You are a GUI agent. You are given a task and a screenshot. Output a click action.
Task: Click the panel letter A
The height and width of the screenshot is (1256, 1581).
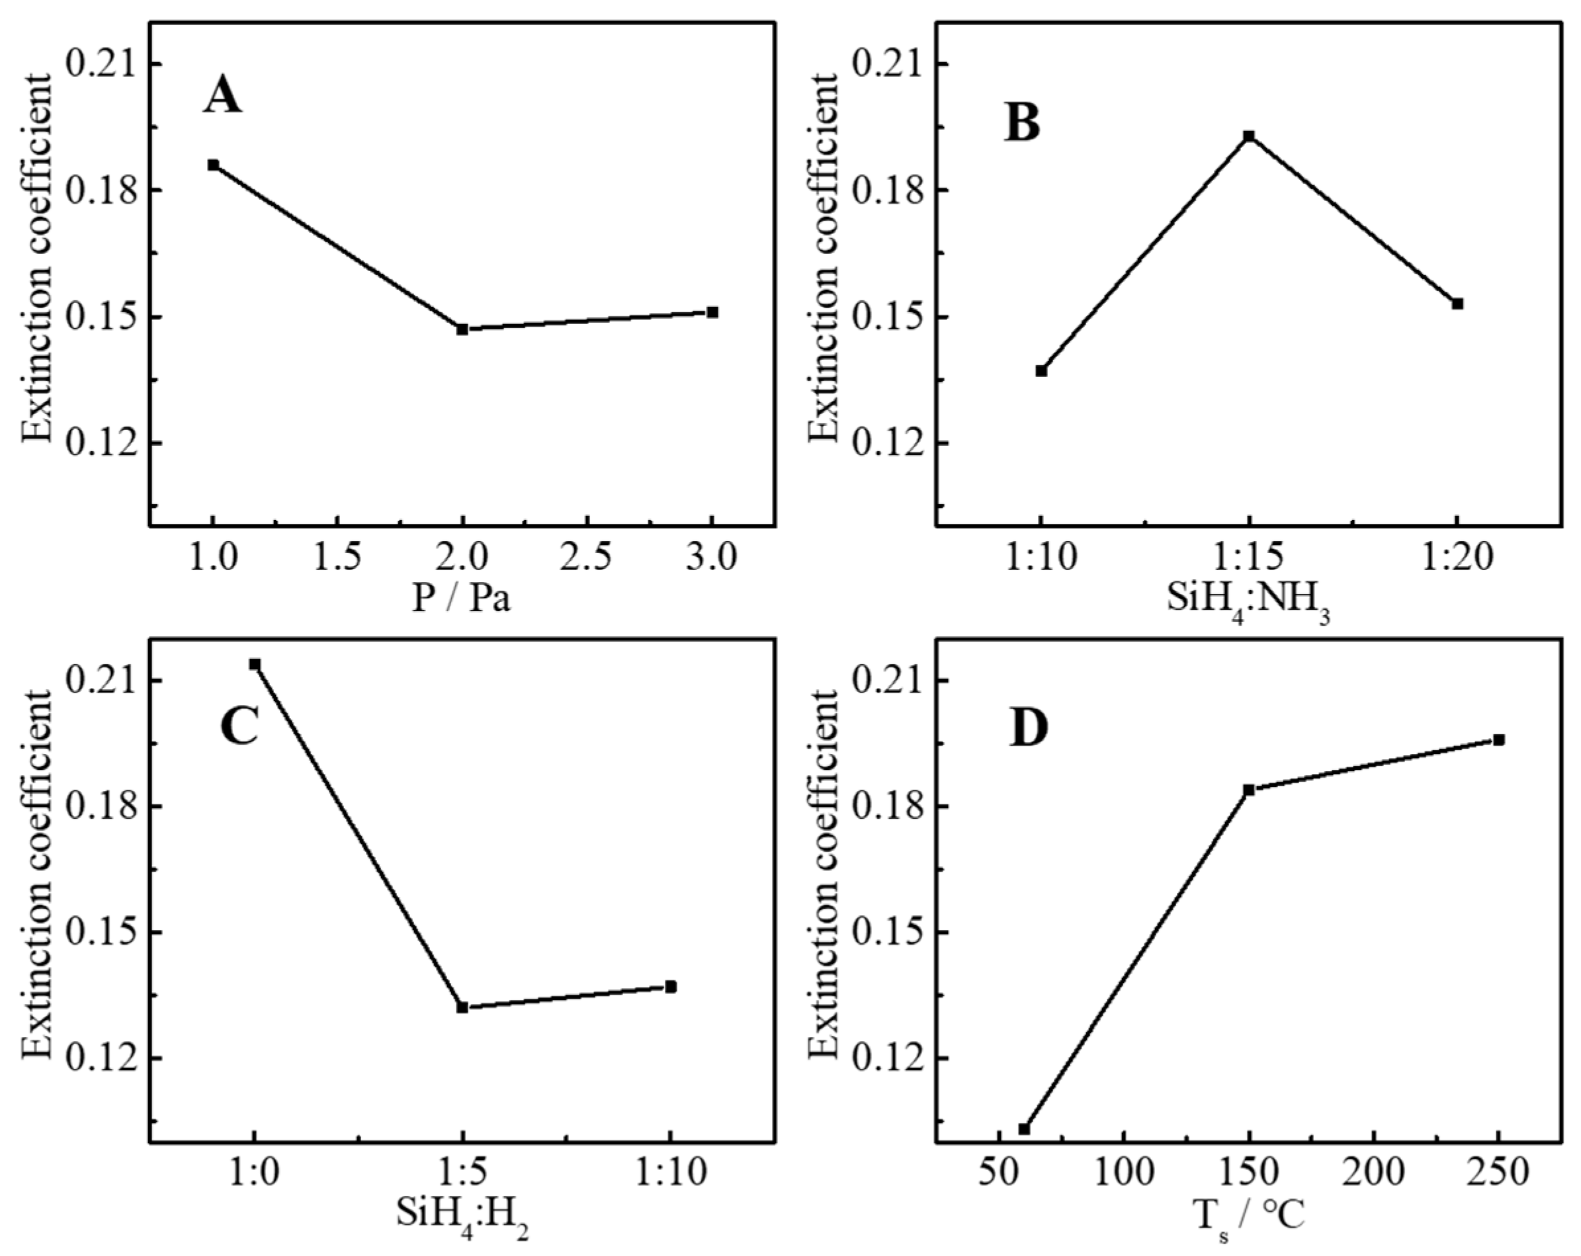point(222,96)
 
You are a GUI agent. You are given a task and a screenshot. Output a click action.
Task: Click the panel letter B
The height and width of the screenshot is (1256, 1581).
point(1023,122)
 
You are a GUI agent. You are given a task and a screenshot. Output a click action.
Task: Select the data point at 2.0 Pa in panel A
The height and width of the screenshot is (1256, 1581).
point(462,329)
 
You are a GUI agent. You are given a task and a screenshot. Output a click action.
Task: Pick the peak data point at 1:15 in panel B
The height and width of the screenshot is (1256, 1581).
point(1249,136)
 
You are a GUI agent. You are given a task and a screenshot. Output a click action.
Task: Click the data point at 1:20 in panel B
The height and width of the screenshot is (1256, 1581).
point(1458,304)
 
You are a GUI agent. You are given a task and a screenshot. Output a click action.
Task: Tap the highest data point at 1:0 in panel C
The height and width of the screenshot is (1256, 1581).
point(255,664)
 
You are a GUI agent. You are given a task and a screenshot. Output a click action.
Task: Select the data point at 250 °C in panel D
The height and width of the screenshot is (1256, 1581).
point(1500,740)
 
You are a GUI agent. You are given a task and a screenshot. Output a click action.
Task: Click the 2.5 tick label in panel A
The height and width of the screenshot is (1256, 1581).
point(586,560)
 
